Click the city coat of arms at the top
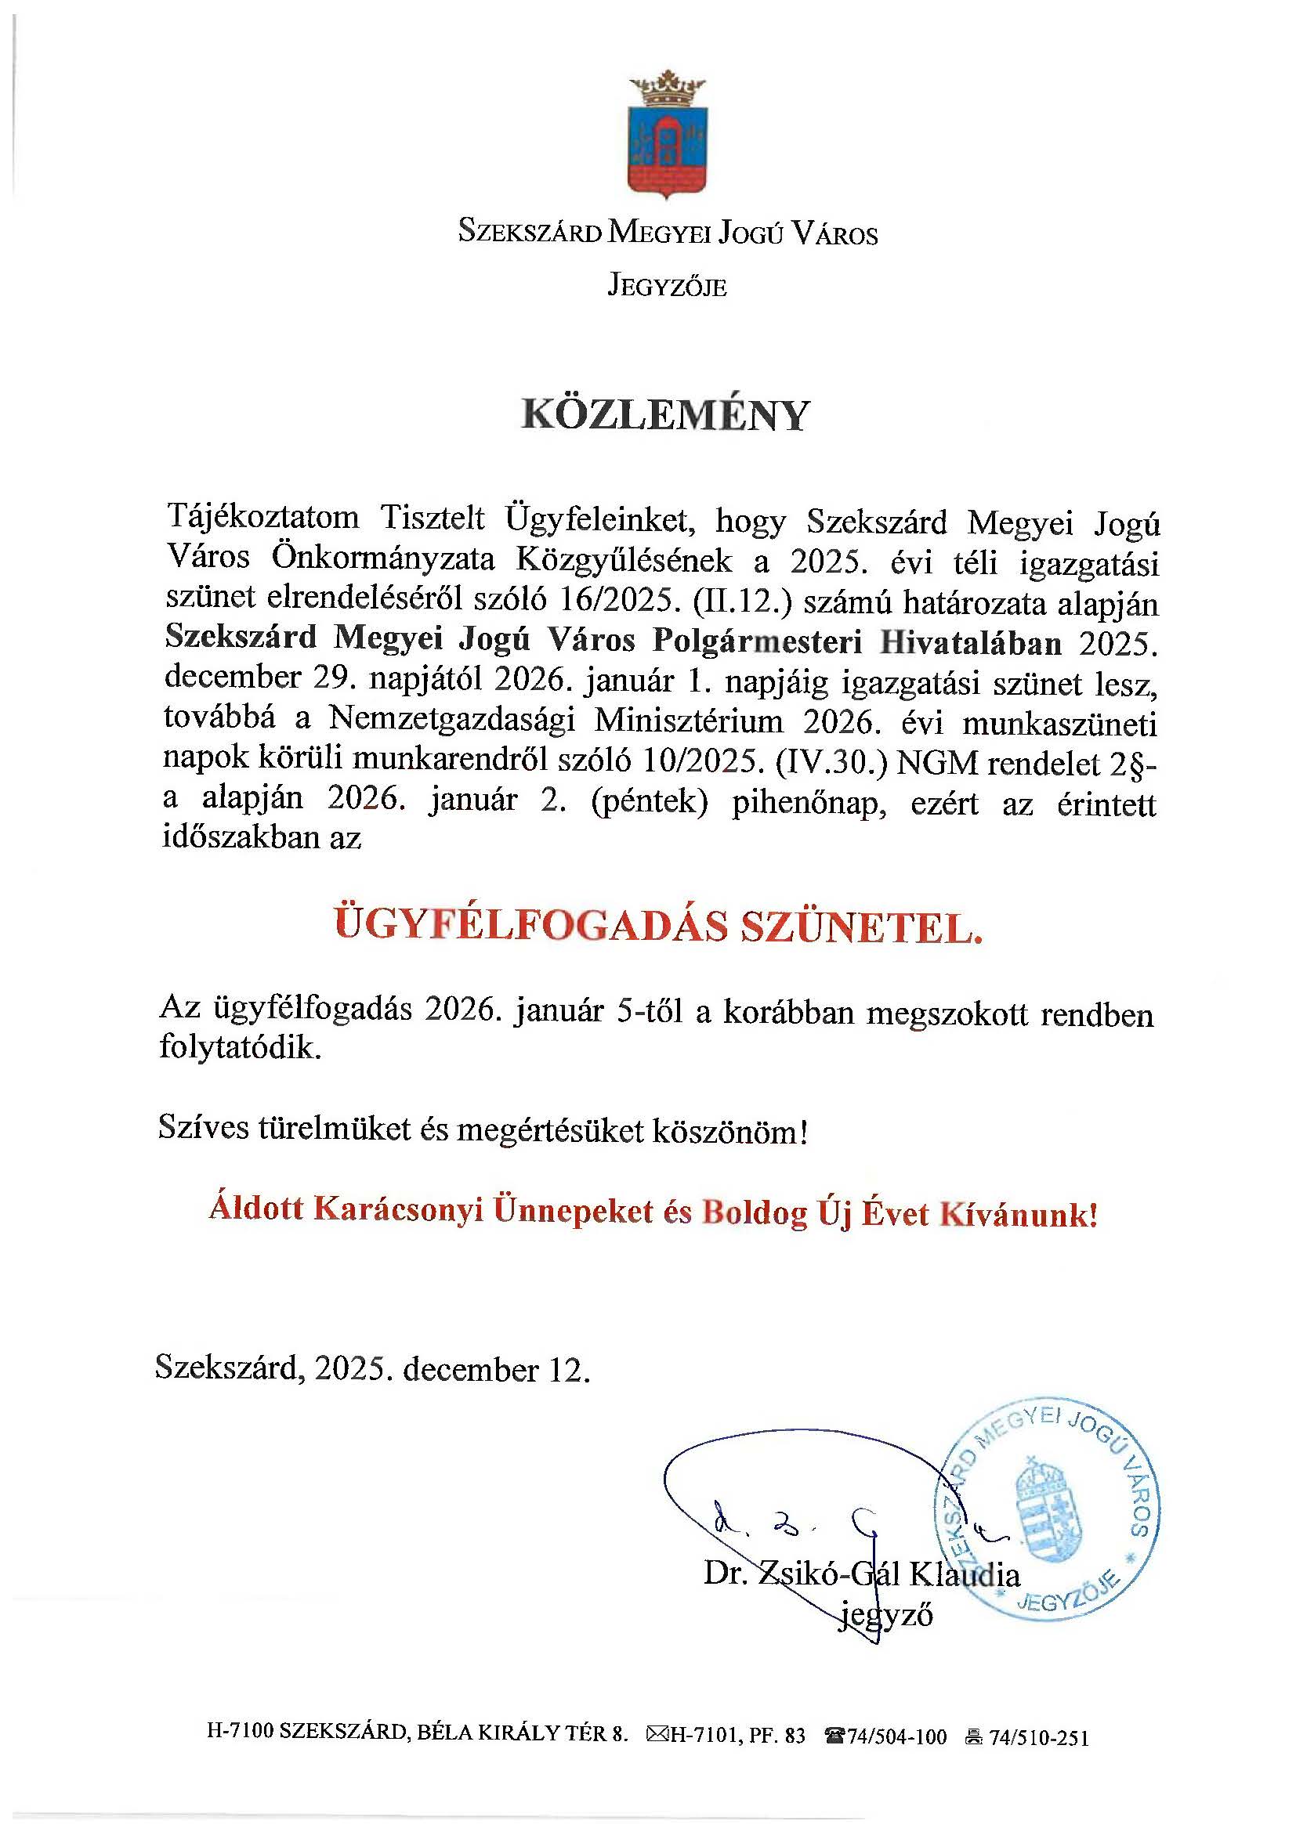point(667,136)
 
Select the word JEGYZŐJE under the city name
point(667,286)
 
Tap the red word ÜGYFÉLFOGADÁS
point(530,926)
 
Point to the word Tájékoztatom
point(262,519)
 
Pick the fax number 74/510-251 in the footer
point(1038,1737)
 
